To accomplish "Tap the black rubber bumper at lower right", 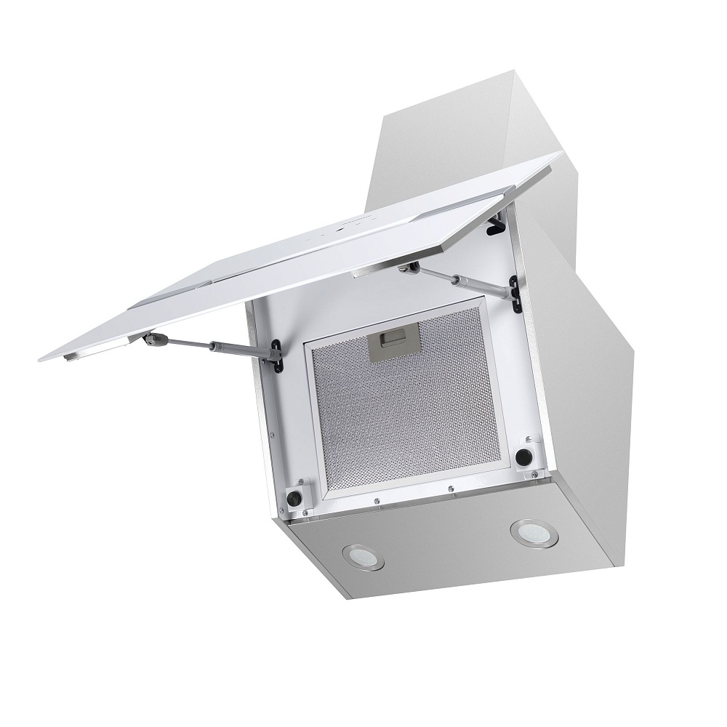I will pos(522,457).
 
